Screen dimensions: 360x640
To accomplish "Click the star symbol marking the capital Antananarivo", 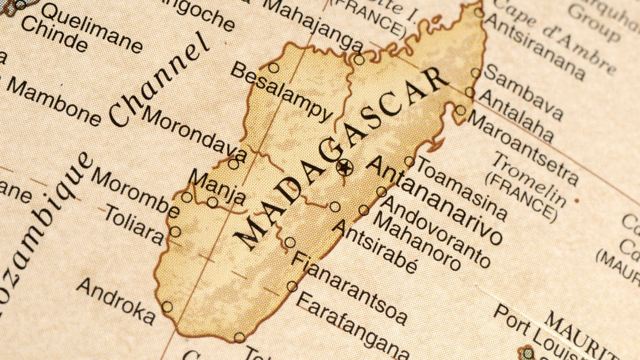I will point(344,167).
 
